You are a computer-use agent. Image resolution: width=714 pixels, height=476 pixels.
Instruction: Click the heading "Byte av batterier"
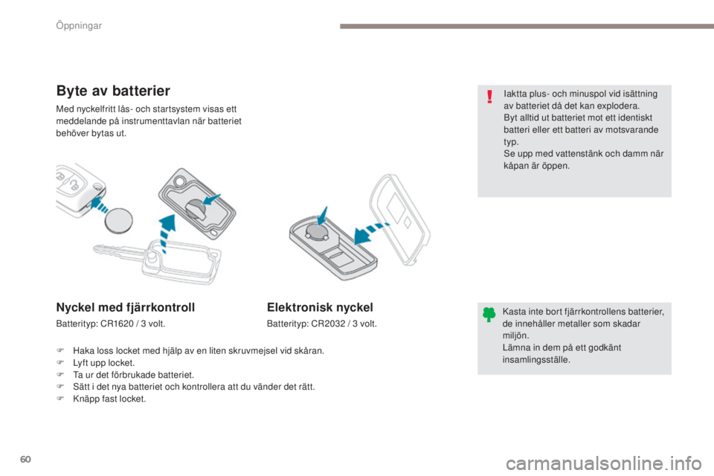coord(114,91)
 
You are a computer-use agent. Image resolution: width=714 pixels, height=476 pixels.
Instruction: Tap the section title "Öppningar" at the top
coord(78,26)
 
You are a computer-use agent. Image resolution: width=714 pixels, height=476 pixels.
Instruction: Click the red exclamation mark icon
coord(489,97)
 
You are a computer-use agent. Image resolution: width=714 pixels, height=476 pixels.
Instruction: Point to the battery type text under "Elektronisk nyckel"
coord(322,324)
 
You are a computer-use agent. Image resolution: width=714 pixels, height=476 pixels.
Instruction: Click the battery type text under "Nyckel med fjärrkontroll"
coord(110,324)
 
